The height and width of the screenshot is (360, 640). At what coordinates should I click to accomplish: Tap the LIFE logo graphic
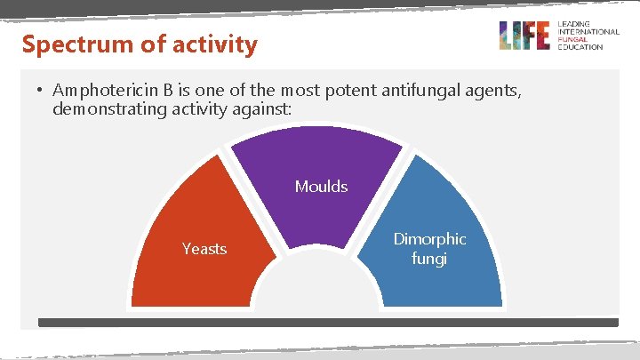[524, 36]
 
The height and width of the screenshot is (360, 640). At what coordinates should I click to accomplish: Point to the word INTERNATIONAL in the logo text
[588, 32]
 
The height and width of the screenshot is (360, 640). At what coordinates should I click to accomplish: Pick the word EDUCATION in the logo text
[579, 47]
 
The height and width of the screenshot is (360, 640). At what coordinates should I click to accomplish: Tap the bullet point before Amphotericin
[40, 91]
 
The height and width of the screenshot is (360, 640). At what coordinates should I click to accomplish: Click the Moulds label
[321, 187]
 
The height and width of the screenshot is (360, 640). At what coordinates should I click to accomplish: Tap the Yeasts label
[204, 249]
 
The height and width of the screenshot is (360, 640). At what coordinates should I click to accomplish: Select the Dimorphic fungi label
[429, 249]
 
